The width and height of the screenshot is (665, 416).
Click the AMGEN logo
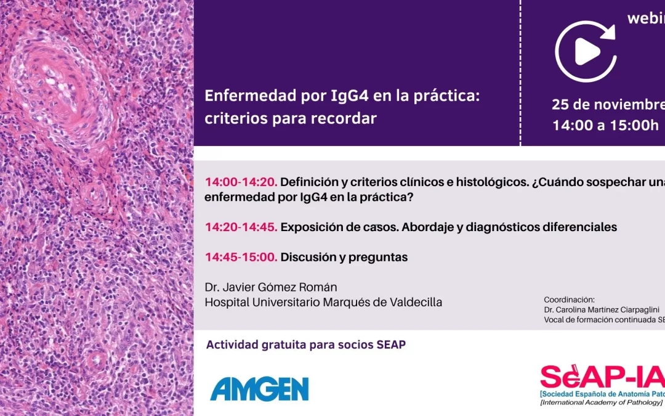(x=259, y=388)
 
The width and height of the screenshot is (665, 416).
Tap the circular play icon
(x=586, y=52)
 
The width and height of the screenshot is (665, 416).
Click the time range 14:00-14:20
(x=241, y=182)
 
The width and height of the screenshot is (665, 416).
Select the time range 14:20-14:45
(x=241, y=227)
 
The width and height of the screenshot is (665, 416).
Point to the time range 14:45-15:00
(x=241, y=257)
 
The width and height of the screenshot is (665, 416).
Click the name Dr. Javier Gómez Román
(x=272, y=287)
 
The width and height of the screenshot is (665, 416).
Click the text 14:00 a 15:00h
(x=605, y=125)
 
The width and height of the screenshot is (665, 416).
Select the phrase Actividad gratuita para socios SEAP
(x=306, y=345)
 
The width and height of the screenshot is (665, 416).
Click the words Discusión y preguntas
(x=344, y=257)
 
